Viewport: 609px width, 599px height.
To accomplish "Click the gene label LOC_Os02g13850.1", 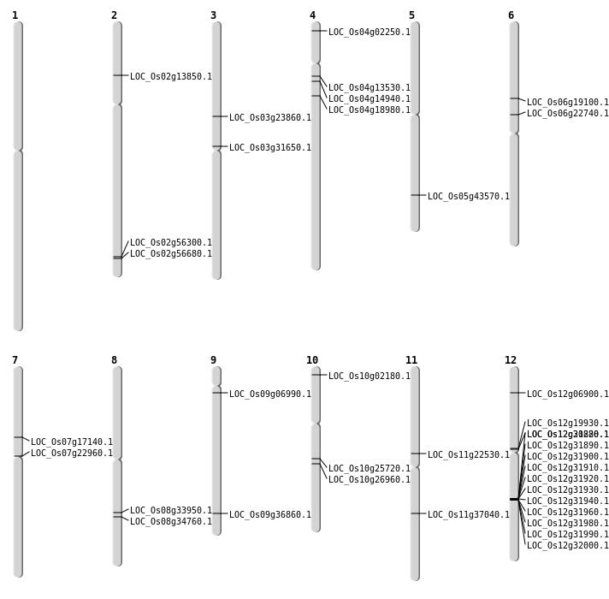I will (x=170, y=76).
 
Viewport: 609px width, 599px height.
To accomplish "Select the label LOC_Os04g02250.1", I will (x=369, y=32).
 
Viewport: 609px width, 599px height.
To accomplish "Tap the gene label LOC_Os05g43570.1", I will (x=468, y=196).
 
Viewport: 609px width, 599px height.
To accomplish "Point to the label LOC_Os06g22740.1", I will (x=567, y=113).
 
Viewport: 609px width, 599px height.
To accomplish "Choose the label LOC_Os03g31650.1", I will (x=269, y=147).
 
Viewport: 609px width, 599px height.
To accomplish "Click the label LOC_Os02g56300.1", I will (x=170, y=242).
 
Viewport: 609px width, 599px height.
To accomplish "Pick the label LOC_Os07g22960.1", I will (x=71, y=453).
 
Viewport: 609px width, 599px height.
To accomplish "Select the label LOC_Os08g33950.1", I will (x=170, y=510).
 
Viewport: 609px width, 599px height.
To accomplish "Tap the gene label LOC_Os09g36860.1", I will (x=269, y=514).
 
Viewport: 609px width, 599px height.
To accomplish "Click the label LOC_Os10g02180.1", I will (x=369, y=376).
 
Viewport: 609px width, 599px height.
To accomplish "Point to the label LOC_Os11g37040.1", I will (x=468, y=514).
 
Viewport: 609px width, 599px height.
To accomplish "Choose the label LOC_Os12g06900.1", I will (x=567, y=394).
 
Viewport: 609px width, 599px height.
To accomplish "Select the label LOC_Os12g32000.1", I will (x=567, y=545).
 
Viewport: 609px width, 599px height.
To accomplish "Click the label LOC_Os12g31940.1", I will (x=567, y=501).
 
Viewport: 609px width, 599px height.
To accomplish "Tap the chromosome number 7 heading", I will (x=15, y=360).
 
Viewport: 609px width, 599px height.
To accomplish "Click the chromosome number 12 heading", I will (x=511, y=360).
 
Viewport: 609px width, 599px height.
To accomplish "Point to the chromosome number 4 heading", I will (x=312, y=15).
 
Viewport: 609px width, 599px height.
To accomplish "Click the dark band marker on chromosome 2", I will (x=117, y=257).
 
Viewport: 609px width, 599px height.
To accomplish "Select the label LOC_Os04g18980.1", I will (x=369, y=110).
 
